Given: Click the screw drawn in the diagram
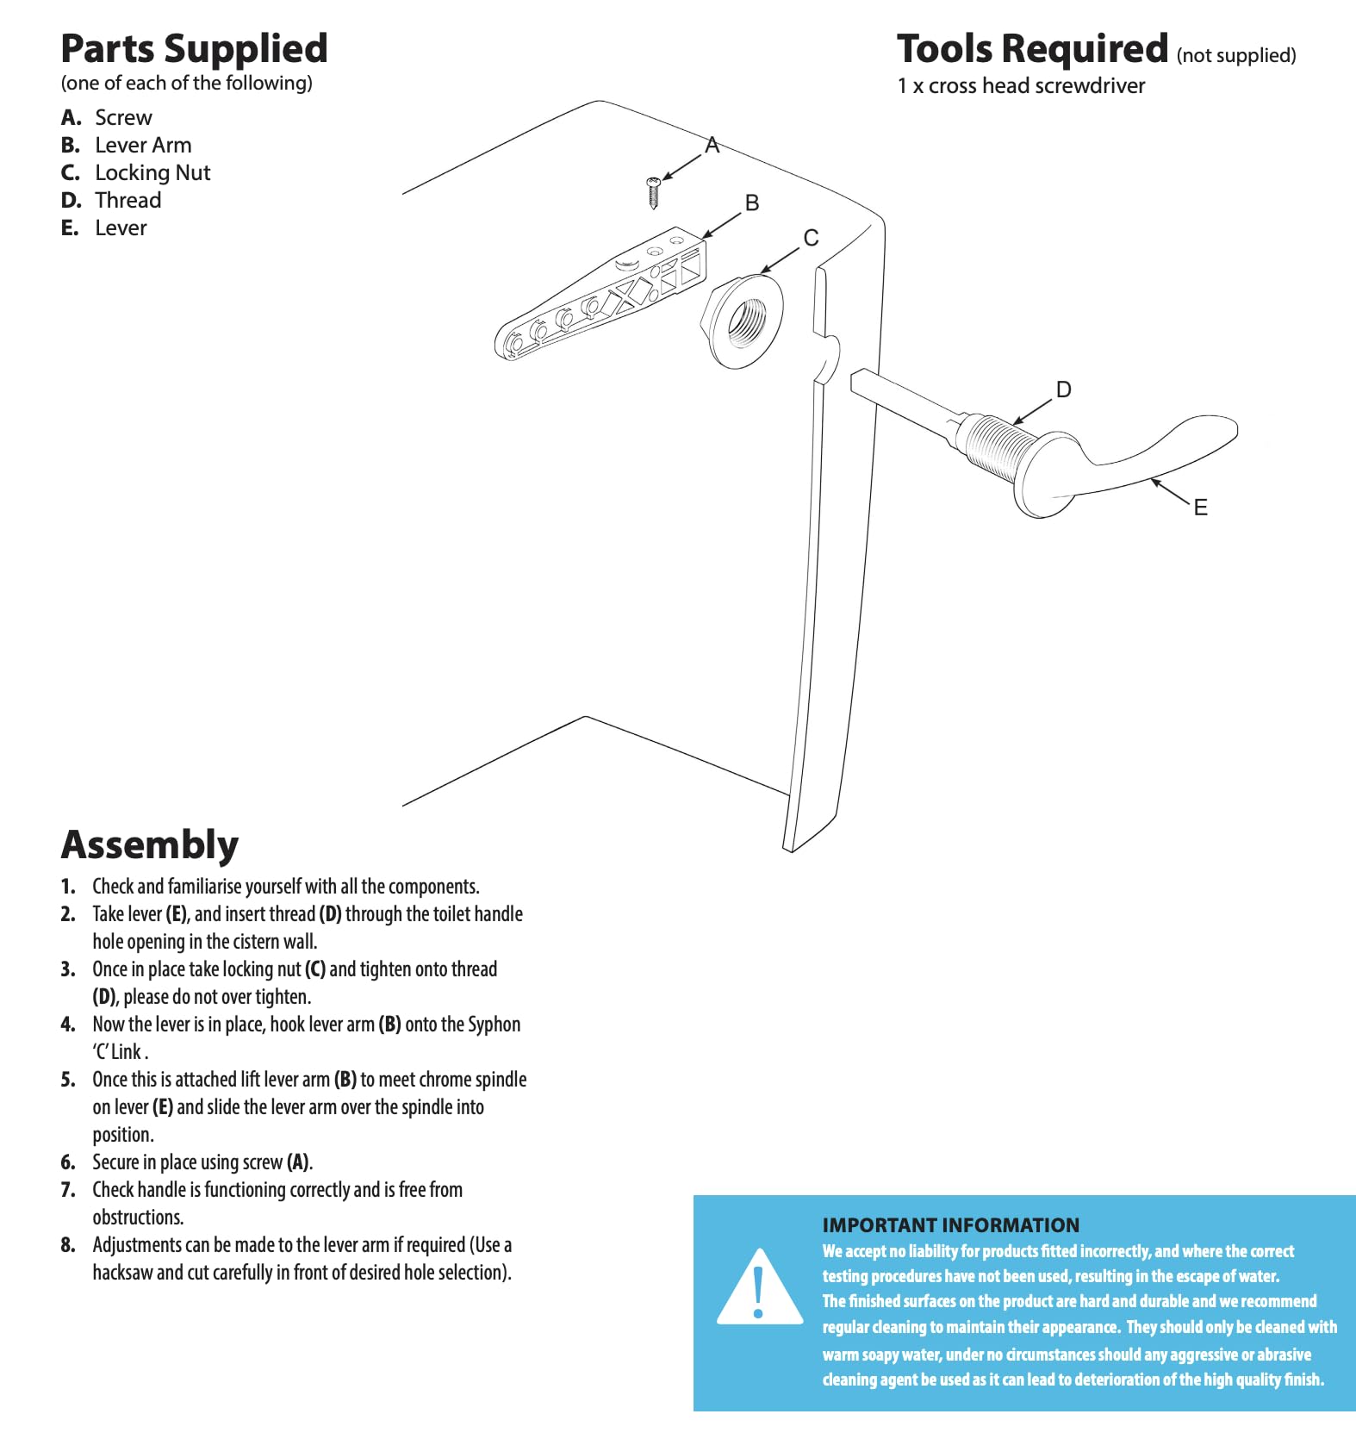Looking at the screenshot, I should [653, 192].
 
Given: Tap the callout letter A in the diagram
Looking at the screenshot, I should [712, 146].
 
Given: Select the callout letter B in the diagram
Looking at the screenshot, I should [751, 203].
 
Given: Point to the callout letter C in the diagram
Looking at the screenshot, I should [811, 238].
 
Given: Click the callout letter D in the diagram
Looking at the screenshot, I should [1063, 389].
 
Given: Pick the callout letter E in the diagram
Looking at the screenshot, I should [1200, 508].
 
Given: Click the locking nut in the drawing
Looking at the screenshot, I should [743, 321].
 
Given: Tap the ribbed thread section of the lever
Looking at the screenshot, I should [997, 446].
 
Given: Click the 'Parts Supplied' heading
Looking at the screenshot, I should [194, 48].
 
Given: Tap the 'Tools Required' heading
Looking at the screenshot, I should [1032, 48].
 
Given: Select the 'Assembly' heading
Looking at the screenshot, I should [150, 844].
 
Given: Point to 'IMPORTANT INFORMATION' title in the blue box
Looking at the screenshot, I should [950, 1224].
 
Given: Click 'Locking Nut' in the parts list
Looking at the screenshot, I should [152, 173].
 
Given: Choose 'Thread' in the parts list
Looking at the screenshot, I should [128, 201].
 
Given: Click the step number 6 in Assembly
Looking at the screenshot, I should [68, 1162].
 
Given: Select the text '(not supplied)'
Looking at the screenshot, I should [1235, 56].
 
